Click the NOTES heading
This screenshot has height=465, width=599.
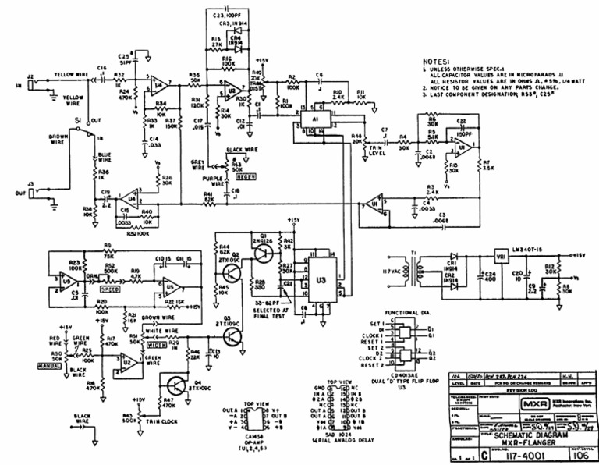[x=439, y=61]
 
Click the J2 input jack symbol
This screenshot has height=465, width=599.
[x=29, y=86]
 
